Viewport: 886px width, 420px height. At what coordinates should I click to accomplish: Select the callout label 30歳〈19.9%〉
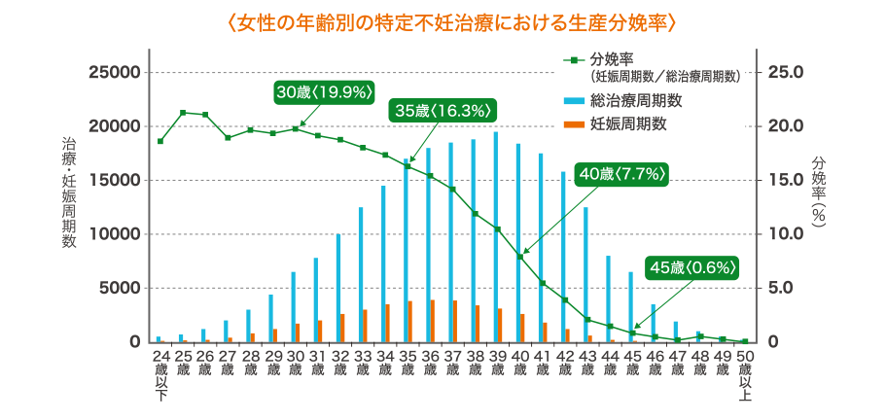click(325, 92)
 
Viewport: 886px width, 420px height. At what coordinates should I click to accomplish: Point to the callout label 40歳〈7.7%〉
click(620, 174)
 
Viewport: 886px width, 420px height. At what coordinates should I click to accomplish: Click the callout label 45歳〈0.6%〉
click(692, 266)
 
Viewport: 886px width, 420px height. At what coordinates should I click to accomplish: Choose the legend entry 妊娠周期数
click(627, 123)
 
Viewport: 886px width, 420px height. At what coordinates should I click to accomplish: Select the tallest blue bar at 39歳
click(496, 237)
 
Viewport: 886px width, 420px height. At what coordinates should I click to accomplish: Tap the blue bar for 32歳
click(338, 288)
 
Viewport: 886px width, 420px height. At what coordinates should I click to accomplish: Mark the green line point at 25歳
click(183, 113)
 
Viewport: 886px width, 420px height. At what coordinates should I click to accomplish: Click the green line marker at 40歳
click(519, 257)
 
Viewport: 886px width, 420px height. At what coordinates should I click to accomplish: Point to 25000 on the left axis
click(116, 72)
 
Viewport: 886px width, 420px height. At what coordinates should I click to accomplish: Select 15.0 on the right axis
click(785, 180)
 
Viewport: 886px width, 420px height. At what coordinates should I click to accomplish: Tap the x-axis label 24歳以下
click(160, 375)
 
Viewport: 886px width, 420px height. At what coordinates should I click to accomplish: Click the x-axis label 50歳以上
click(744, 375)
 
